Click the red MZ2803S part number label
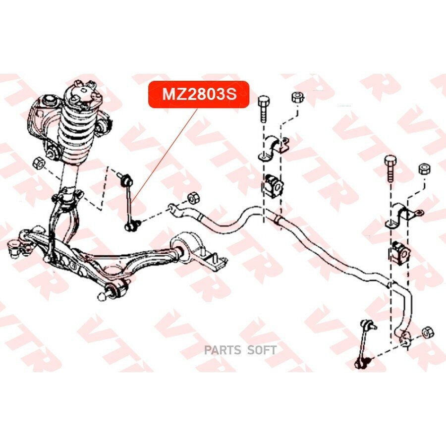point(199,95)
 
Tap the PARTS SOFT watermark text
point(240,350)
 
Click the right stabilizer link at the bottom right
point(367,344)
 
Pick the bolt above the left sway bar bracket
point(263,109)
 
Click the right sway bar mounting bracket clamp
point(401,216)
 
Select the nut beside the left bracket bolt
point(298,98)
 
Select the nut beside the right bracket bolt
point(424,169)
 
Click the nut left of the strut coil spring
point(38,163)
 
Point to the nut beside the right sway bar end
point(428,333)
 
